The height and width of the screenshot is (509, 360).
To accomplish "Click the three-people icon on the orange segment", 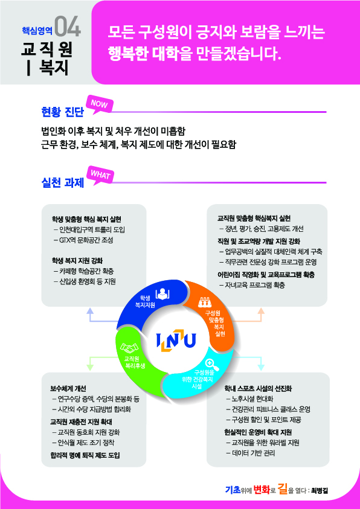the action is pos(205,302).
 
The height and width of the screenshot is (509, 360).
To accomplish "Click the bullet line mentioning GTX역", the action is pos(84,240).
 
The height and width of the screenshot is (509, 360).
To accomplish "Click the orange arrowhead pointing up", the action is pos(261,311).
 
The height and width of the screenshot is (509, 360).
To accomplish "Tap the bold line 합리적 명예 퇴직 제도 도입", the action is pos(85,455).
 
